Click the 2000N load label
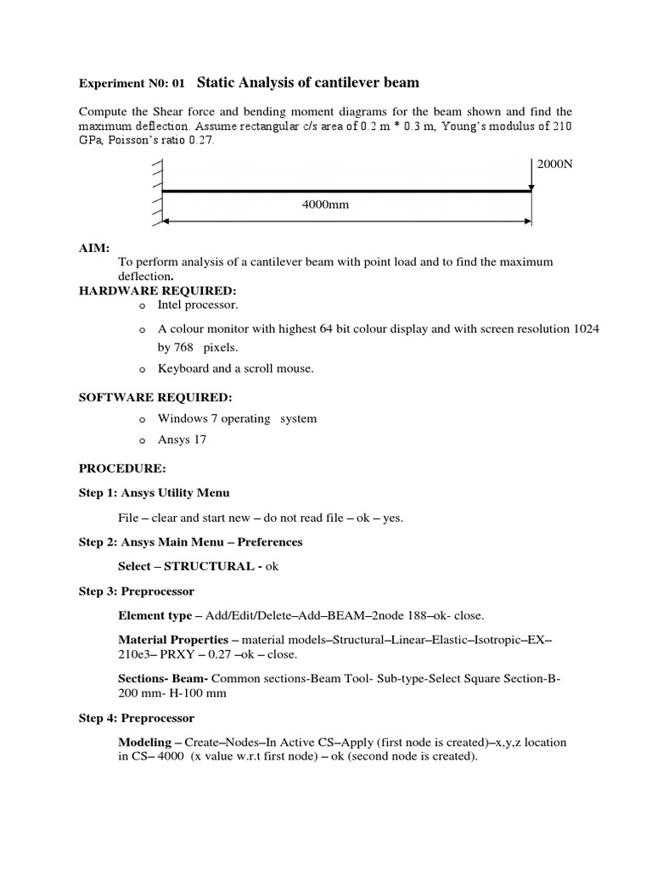tap(555, 164)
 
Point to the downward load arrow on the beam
tap(531, 174)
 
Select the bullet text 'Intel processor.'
tap(198, 304)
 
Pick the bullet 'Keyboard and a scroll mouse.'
tap(235, 368)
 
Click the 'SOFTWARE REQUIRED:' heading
tap(155, 397)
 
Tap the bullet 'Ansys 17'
tap(182, 440)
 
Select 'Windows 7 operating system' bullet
tap(237, 418)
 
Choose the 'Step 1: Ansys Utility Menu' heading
tap(154, 493)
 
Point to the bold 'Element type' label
tap(155, 615)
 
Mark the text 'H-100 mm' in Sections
tap(190, 693)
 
